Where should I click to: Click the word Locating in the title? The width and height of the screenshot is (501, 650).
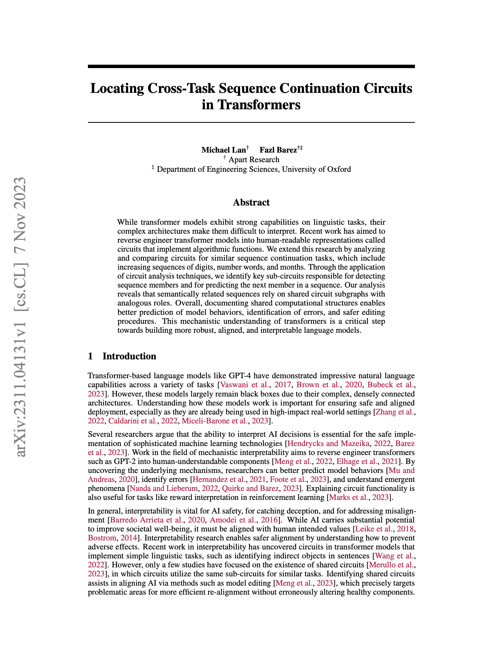click(117, 89)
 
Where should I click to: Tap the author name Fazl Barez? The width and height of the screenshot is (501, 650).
click(278, 150)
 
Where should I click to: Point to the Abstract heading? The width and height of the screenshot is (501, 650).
click(251, 202)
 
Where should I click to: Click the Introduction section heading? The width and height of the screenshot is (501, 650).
click(129, 356)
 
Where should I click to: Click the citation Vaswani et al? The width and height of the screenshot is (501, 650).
click(244, 385)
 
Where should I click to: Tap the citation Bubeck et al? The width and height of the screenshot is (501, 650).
click(390, 385)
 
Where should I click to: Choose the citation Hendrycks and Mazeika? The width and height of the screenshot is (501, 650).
click(328, 444)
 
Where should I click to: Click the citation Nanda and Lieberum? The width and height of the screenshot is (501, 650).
click(163, 488)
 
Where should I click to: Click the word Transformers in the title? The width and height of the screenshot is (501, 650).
click(259, 105)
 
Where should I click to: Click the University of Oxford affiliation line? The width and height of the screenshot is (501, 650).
click(254, 169)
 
